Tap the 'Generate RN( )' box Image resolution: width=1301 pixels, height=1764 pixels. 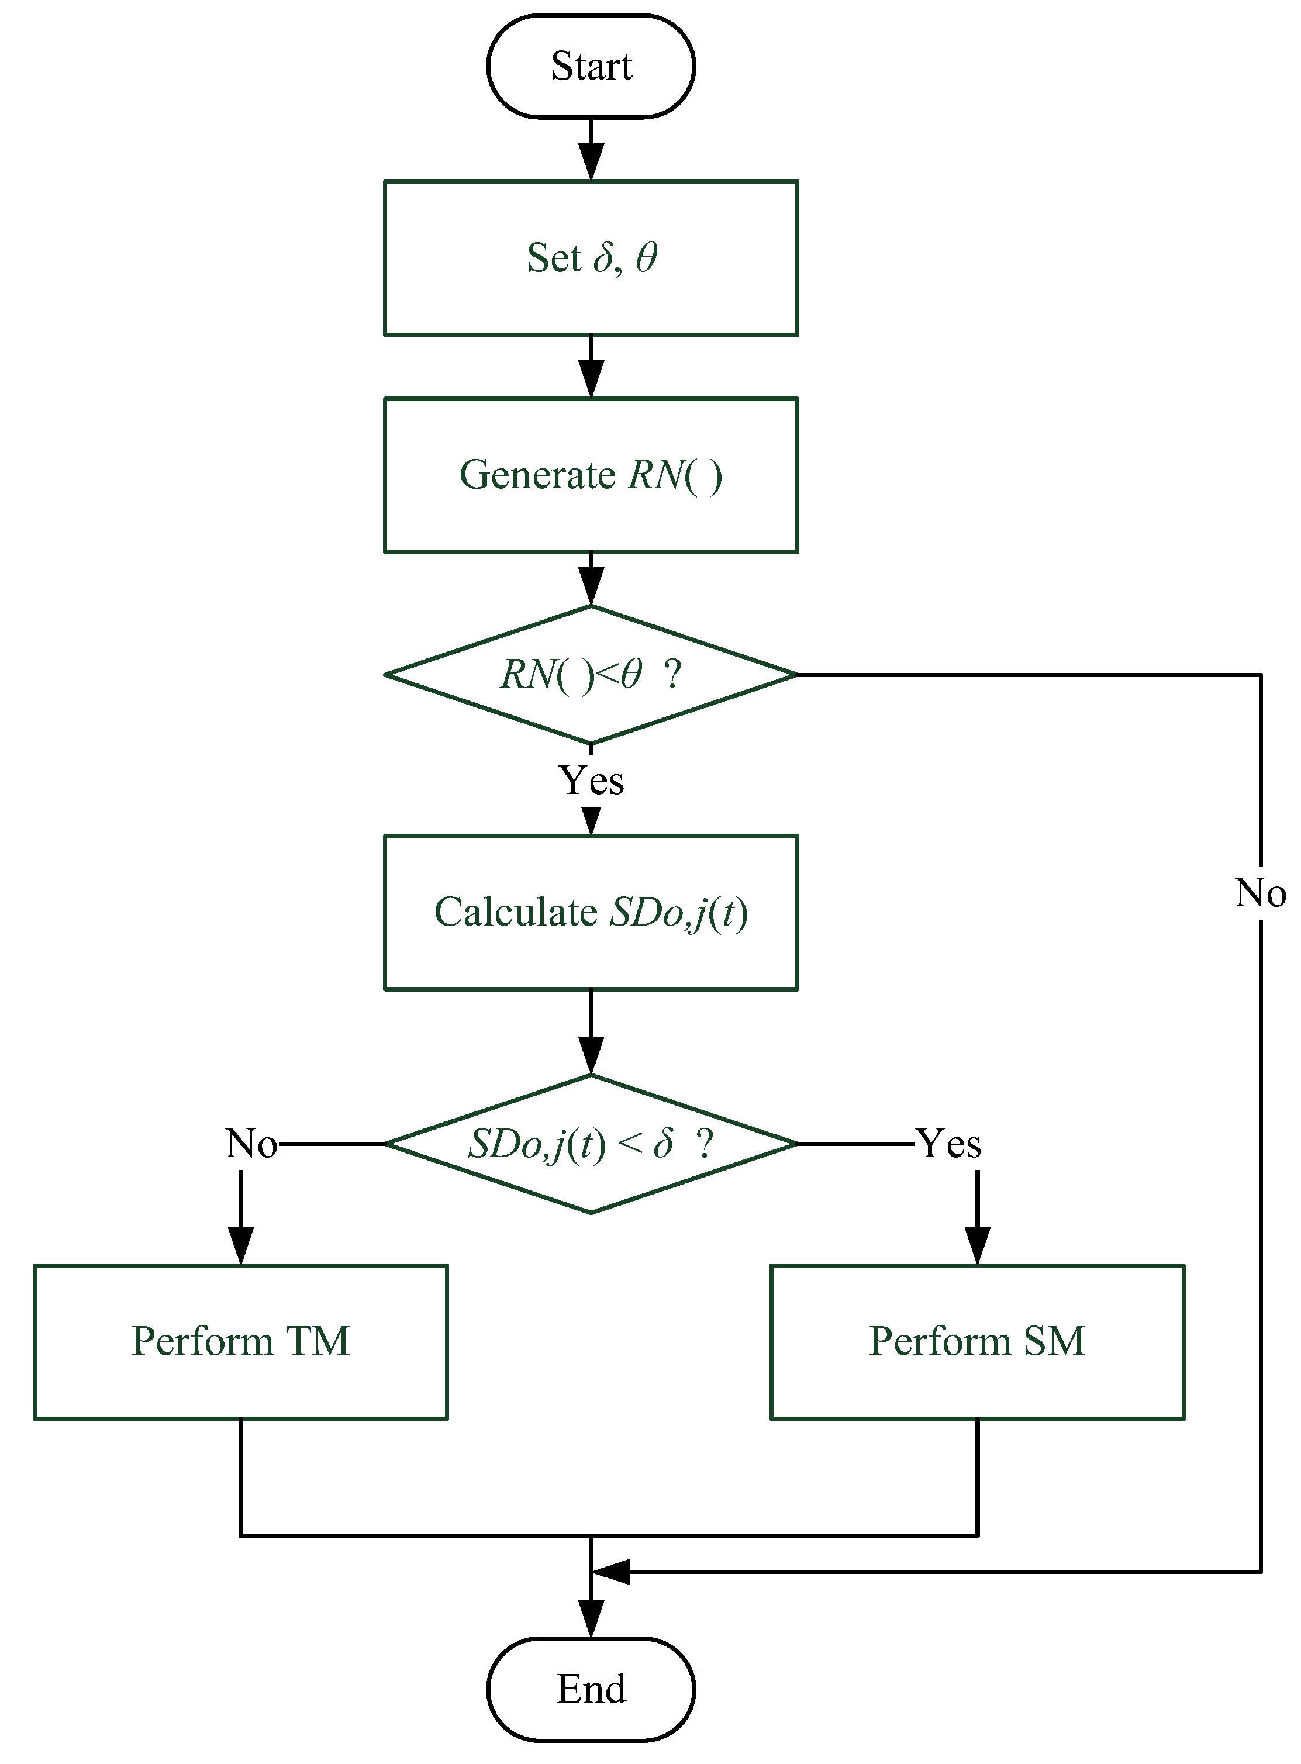(591, 475)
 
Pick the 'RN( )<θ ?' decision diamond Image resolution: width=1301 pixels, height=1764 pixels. (591, 674)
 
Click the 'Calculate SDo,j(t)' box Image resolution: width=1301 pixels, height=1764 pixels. (591, 912)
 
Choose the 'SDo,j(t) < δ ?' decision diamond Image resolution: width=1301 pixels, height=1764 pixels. (591, 1144)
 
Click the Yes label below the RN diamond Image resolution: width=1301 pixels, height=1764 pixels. (591, 781)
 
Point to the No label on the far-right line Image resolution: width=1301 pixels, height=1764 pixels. (1260, 893)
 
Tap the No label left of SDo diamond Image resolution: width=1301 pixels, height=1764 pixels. (251, 1144)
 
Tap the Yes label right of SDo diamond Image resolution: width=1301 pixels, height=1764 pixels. (950, 1144)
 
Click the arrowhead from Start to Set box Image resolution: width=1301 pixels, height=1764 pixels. (591, 162)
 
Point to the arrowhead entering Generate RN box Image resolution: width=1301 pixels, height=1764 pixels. (591, 379)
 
